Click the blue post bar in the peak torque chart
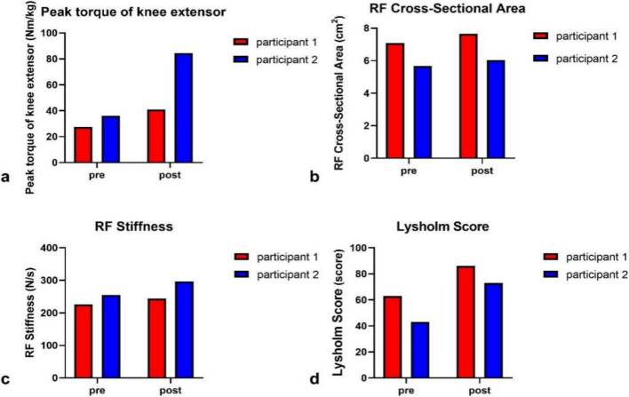pos(184,107)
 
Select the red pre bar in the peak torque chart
pos(83,145)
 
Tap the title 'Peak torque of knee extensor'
pos(133,12)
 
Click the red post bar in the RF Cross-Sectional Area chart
pos(468,96)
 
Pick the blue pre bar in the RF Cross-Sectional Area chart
pos(423,112)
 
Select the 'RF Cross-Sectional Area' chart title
pos(447,8)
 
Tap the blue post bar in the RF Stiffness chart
pos(185,330)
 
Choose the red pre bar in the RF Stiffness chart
pos(84,341)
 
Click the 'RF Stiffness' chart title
pos(134,226)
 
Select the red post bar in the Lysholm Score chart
pos(466,322)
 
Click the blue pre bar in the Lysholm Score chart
pos(420,350)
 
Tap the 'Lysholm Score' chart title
pos(442,226)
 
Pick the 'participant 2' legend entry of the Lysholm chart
pos(585,274)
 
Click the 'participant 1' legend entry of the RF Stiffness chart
pos(277,257)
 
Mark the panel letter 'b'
pos(314,177)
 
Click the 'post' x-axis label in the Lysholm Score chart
pos(480,390)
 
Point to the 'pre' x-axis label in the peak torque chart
pos(97,176)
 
